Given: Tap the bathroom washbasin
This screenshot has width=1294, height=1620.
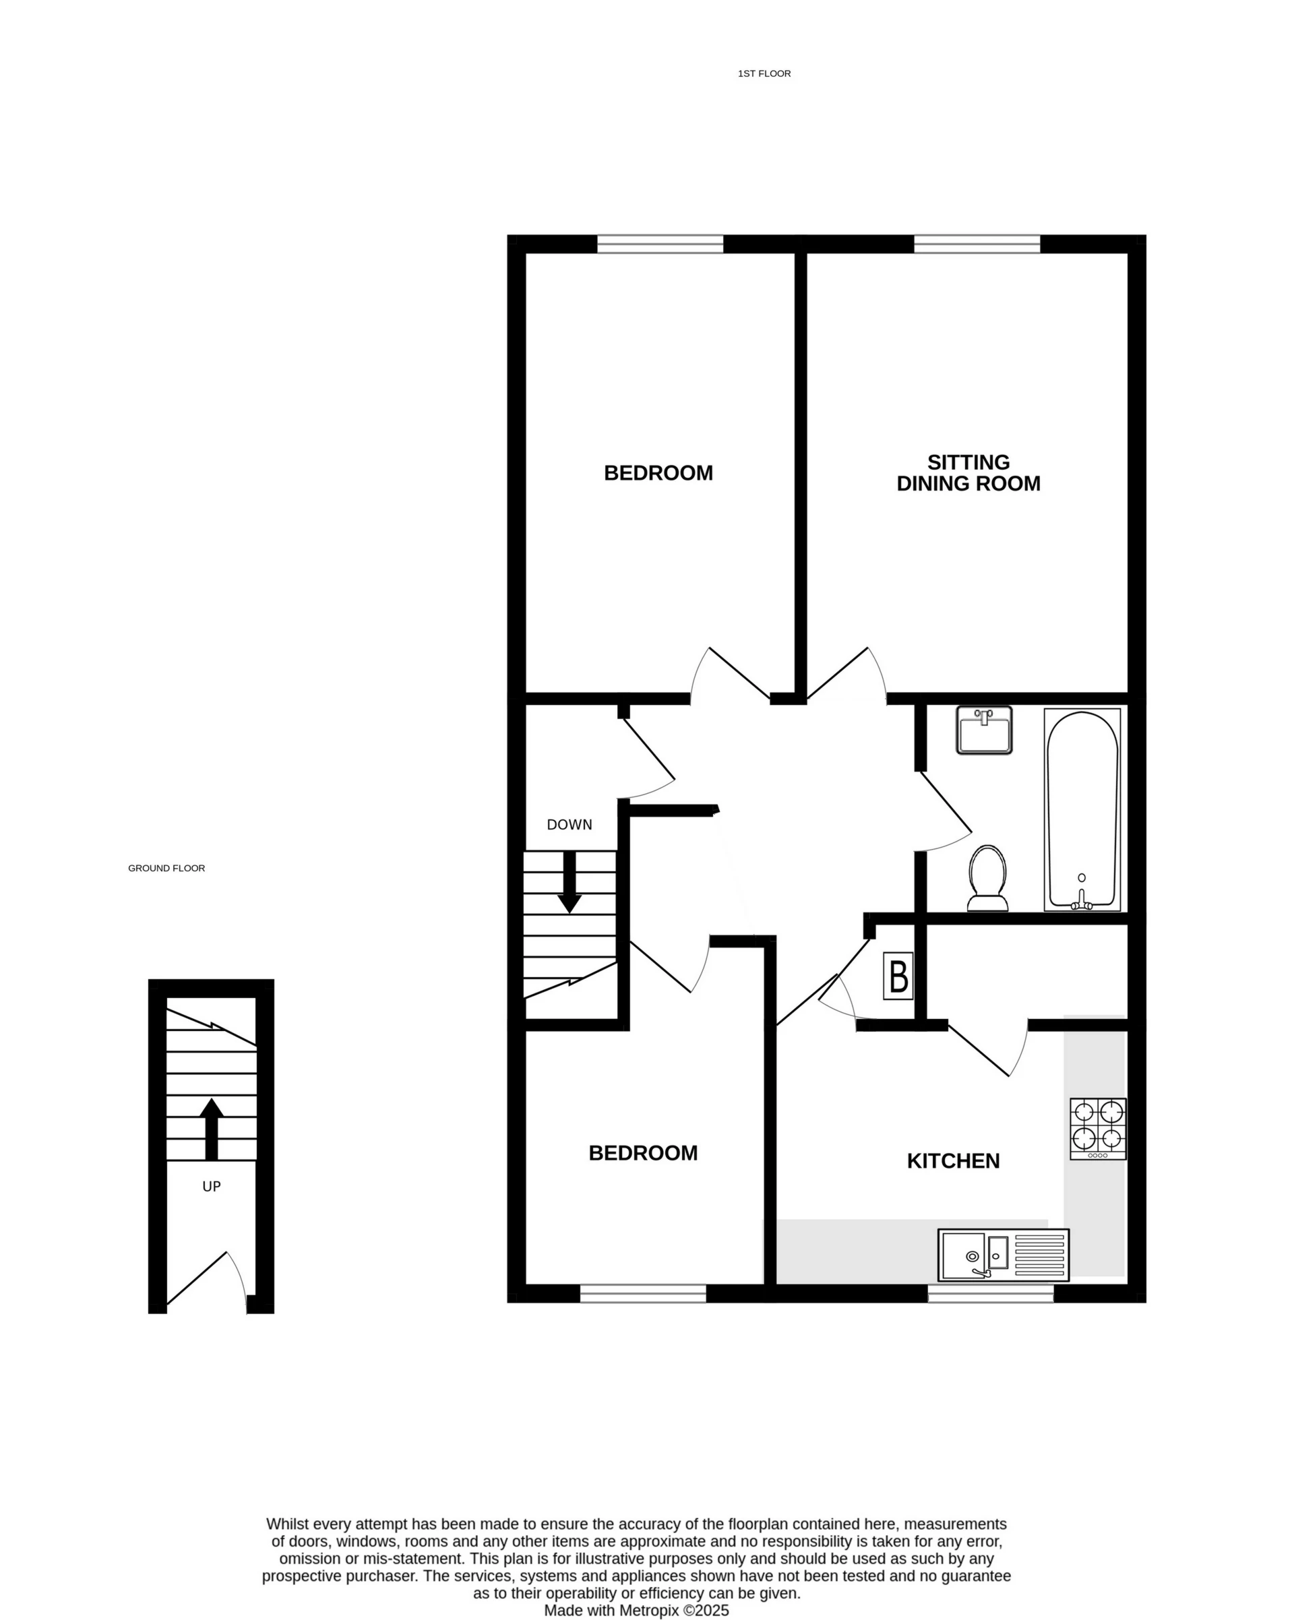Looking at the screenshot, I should (x=984, y=729).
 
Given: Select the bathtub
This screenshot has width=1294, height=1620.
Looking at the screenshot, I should (x=1081, y=809).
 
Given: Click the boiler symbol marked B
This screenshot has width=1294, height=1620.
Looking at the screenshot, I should (x=898, y=976).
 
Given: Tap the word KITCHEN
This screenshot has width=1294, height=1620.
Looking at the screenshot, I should (x=953, y=1161).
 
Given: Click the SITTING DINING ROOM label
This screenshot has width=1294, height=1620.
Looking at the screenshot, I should (x=968, y=472).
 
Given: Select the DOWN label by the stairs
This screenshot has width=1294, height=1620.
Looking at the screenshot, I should (x=569, y=825).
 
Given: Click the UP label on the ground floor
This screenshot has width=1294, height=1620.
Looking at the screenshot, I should (x=211, y=1187).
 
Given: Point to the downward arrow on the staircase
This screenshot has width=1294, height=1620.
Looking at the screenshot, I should (x=569, y=881).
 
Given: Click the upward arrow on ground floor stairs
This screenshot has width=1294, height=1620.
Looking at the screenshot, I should (x=211, y=1129).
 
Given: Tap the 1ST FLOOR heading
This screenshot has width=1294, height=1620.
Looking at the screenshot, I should (x=764, y=73).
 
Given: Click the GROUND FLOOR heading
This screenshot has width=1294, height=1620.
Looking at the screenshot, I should (x=166, y=868).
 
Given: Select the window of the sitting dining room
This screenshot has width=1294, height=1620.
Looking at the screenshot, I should (x=976, y=243).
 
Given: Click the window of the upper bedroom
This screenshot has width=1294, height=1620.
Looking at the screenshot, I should (x=660, y=243).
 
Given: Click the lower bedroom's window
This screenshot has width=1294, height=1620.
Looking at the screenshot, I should (x=642, y=1292).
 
